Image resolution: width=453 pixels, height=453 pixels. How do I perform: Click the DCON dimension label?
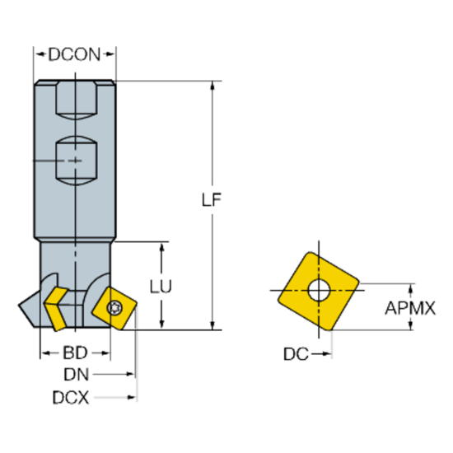pos(74,55)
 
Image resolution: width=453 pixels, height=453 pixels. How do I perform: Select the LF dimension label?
pos(213,199)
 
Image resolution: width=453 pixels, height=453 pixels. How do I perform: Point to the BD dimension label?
pos(75,353)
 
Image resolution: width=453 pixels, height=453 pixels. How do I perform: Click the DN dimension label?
pos(77,375)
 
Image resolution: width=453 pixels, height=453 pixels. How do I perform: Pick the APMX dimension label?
pos(409,308)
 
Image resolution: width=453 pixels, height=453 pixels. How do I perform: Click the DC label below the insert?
pos(296,354)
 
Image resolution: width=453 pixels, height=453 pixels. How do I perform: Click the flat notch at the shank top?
pos(75,98)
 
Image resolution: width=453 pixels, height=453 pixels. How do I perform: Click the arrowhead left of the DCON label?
pos(39,55)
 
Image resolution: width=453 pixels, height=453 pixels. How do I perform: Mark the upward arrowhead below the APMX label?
pos(409,326)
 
